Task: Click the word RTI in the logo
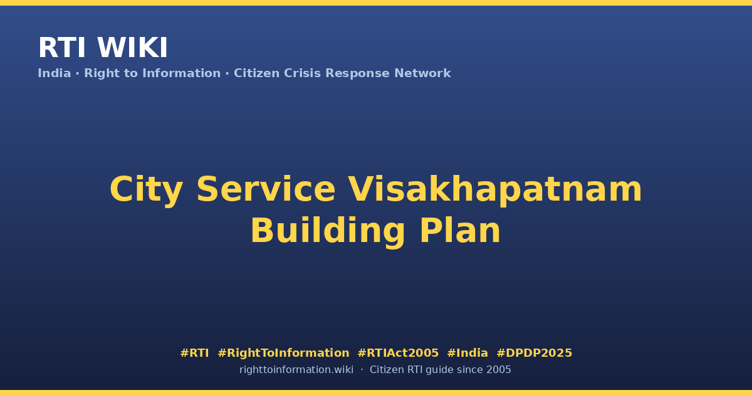pyautogui.click(x=62, y=48)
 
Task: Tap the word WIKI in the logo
pyautogui.click(x=132, y=48)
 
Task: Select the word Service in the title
pyautogui.click(x=266, y=189)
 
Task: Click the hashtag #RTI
pyautogui.click(x=194, y=353)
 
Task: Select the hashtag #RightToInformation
pyautogui.click(x=283, y=353)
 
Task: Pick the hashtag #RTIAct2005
pyautogui.click(x=398, y=353)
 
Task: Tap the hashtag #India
pyautogui.click(x=467, y=353)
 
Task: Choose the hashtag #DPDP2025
pyautogui.click(x=534, y=353)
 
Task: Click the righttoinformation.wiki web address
pyautogui.click(x=296, y=370)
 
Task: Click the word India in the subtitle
pyautogui.click(x=55, y=73)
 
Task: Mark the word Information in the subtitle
pyautogui.click(x=181, y=73)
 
